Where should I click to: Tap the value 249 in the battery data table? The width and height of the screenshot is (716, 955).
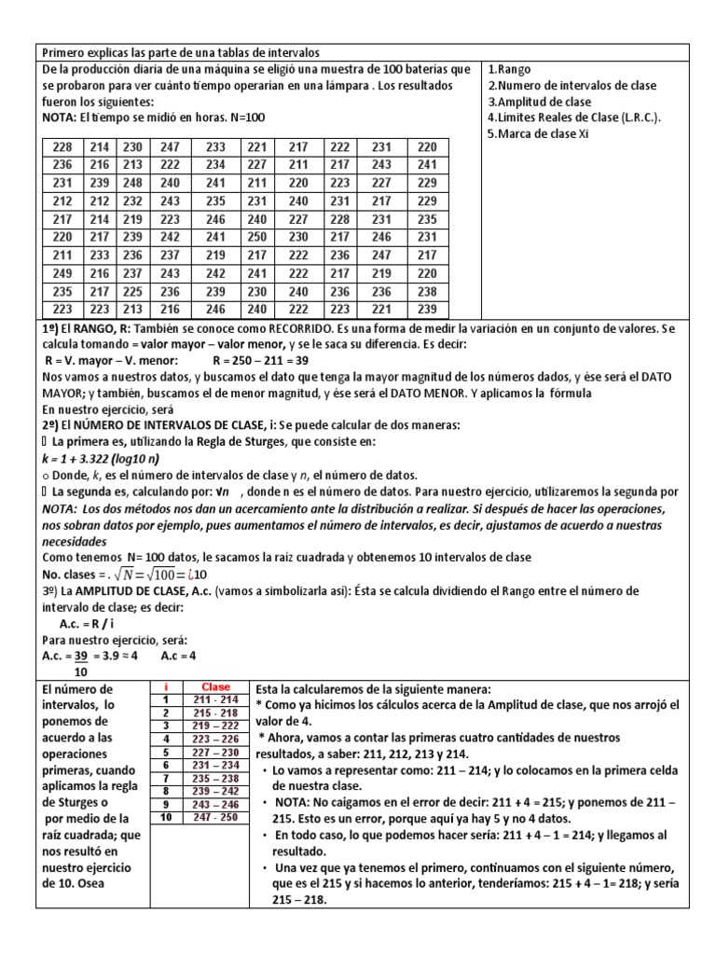pos(62,273)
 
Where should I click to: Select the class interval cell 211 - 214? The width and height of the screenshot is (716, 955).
pos(215,699)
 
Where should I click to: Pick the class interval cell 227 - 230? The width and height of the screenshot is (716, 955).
pos(215,752)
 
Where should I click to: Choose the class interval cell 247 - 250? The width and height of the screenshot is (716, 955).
pos(215,817)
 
